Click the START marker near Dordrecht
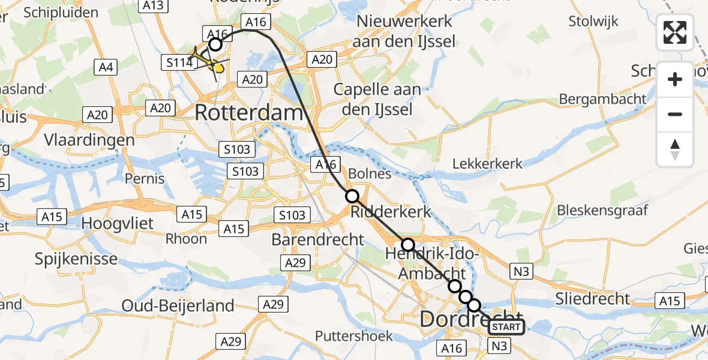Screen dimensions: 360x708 (506, 327)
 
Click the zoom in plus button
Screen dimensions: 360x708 (675, 79)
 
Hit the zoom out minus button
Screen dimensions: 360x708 (675, 114)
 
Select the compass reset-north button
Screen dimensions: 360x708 (675, 149)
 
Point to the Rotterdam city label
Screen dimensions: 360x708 (248, 112)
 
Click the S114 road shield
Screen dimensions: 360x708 (178, 62)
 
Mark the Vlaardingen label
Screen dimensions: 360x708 (89, 140)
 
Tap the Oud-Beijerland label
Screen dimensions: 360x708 (178, 305)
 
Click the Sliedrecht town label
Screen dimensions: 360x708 (593, 298)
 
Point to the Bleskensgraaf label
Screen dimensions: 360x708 (602, 210)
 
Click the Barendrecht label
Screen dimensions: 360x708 (317, 239)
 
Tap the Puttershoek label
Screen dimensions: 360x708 (354, 335)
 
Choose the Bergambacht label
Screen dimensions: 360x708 (602, 98)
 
